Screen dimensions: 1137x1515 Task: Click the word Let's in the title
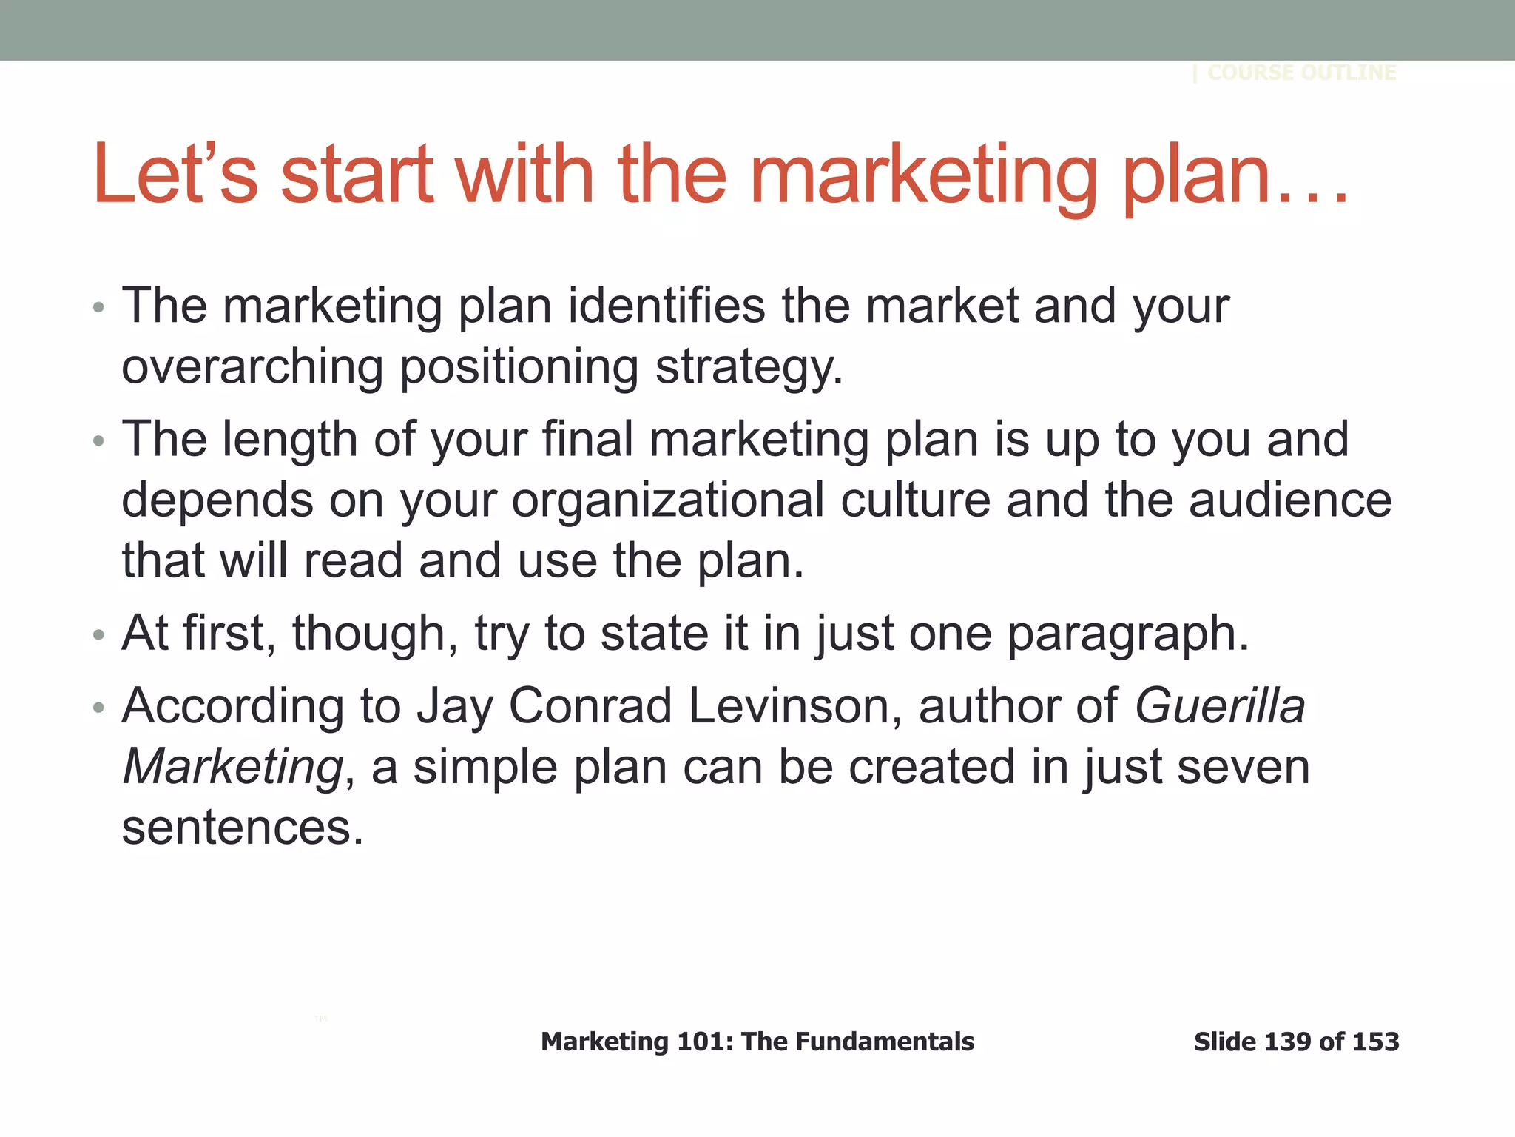pyautogui.click(x=175, y=175)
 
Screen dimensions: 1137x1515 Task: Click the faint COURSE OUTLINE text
pyautogui.click(x=1301, y=73)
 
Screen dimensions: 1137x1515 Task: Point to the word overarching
pyautogui.click(x=252, y=367)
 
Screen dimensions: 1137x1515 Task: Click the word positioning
pyautogui.click(x=519, y=367)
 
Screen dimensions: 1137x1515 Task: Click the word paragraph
pyautogui.click(x=1127, y=634)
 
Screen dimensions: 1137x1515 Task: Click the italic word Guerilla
pyautogui.click(x=1220, y=706)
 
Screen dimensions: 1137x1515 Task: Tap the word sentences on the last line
pyautogui.click(x=243, y=828)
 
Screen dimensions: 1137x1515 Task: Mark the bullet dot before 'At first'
pyautogui.click(x=99, y=635)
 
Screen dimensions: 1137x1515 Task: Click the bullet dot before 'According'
pyautogui.click(x=99, y=708)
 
